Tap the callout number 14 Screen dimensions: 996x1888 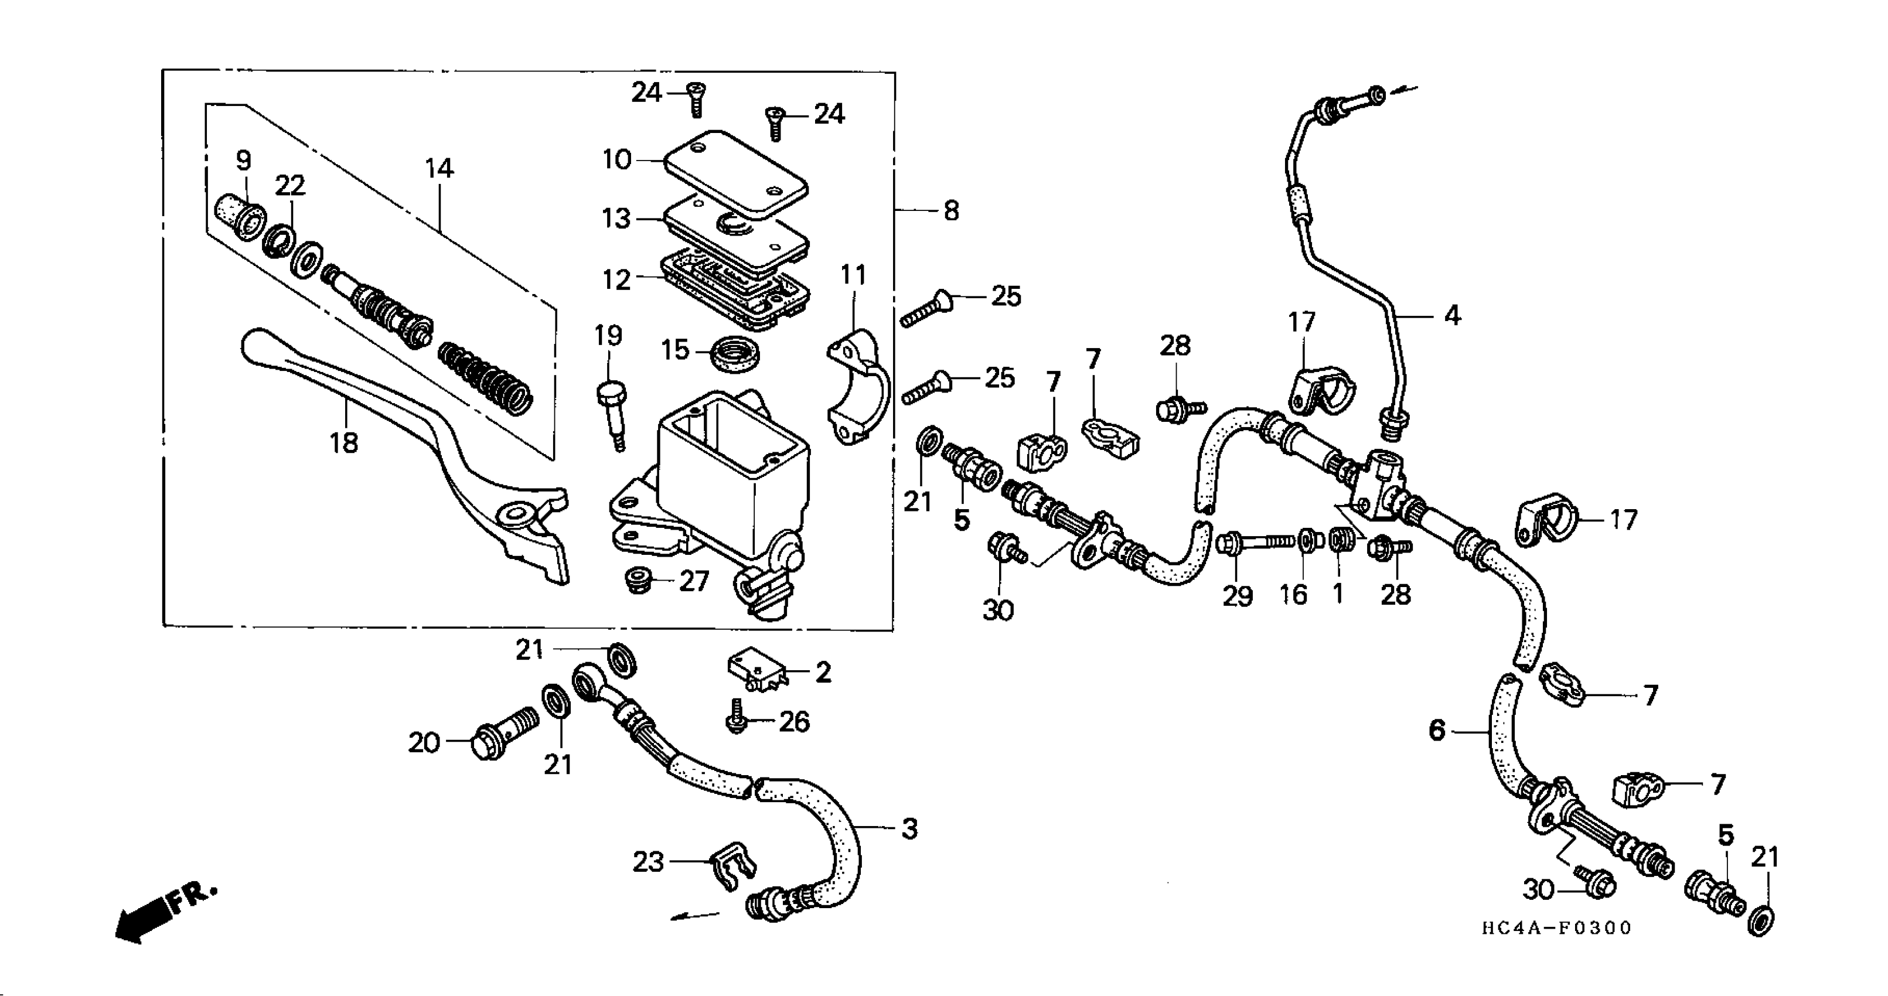click(x=439, y=169)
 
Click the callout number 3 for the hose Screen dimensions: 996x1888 click(x=909, y=829)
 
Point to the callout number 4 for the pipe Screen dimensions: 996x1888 click(x=1452, y=316)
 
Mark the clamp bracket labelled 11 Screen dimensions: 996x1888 click(x=859, y=388)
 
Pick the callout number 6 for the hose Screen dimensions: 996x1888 click(x=1437, y=730)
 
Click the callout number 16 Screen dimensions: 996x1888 click(x=1294, y=594)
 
